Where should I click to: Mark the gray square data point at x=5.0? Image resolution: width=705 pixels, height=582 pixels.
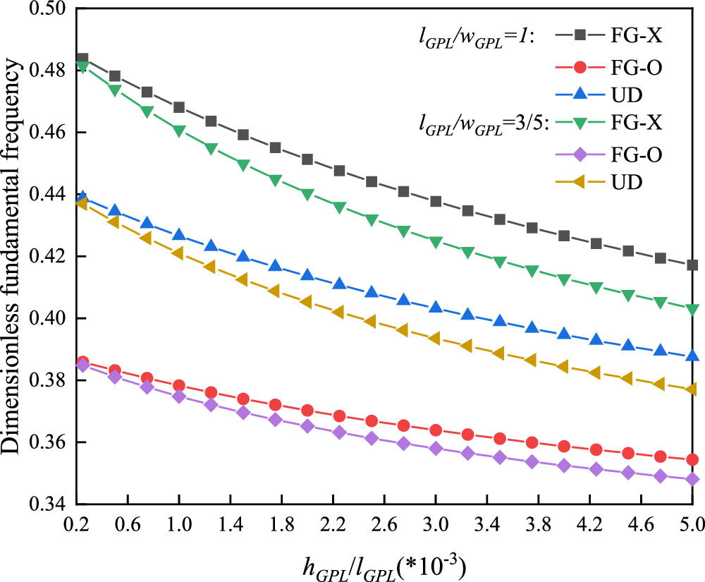(x=692, y=265)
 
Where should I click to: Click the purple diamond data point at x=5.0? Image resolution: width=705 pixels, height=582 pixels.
(x=692, y=480)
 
